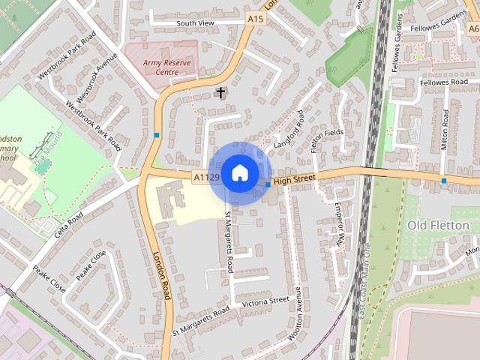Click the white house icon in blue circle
coord(239,172)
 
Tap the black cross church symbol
coord(220,93)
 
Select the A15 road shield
coord(256,17)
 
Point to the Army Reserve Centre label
coord(168,67)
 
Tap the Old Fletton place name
coord(437,225)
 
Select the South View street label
coord(195,23)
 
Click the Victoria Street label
coord(265,301)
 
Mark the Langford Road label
coord(290,128)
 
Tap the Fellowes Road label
coord(442,82)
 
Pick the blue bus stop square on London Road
coord(156,135)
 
